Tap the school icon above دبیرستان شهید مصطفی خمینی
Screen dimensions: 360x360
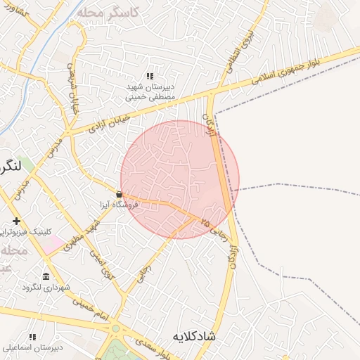pyautogui.click(x=149, y=76)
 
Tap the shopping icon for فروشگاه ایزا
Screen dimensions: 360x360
pyautogui.click(x=119, y=194)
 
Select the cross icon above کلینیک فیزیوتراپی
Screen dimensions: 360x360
pyautogui.click(x=16, y=221)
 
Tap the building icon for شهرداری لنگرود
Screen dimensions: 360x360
pyautogui.click(x=46, y=276)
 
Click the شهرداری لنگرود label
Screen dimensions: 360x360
pyautogui.click(x=47, y=287)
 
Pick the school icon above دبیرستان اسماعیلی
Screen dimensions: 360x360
pyautogui.click(x=32, y=337)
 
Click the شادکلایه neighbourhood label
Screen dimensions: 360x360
pyautogui.click(x=212, y=337)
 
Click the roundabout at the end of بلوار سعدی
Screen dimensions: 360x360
pyautogui.click(x=115, y=328)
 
